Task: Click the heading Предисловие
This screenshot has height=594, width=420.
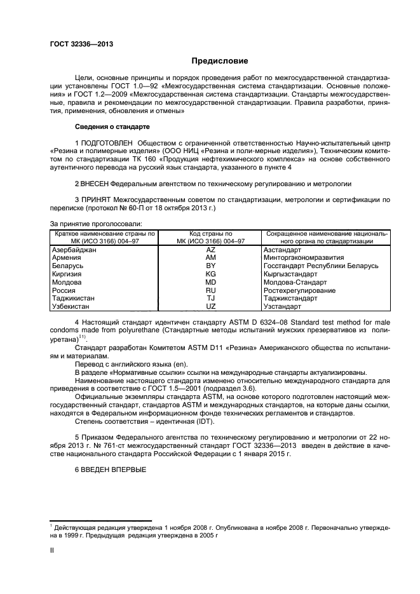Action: click(x=219, y=62)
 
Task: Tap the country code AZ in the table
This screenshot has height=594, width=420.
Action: click(x=211, y=250)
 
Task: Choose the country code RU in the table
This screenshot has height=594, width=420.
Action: click(x=211, y=289)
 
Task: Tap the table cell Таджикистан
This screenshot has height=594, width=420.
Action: click(x=74, y=297)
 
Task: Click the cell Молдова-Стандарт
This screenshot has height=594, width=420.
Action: click(x=295, y=281)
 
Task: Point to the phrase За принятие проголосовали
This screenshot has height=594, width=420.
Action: click(x=95, y=224)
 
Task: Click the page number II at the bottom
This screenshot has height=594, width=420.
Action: click(x=52, y=552)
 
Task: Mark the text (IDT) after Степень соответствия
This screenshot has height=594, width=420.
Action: click(x=205, y=421)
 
